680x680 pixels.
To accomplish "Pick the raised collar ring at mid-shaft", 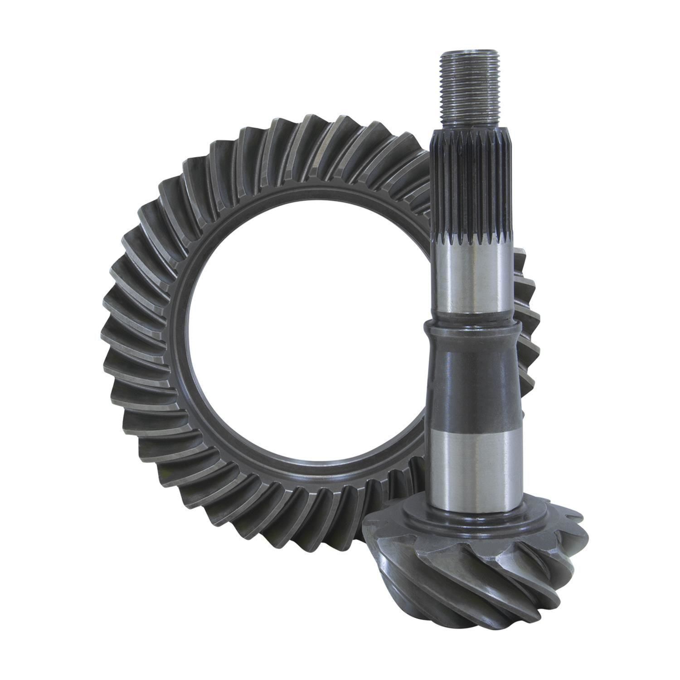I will (x=471, y=327).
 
